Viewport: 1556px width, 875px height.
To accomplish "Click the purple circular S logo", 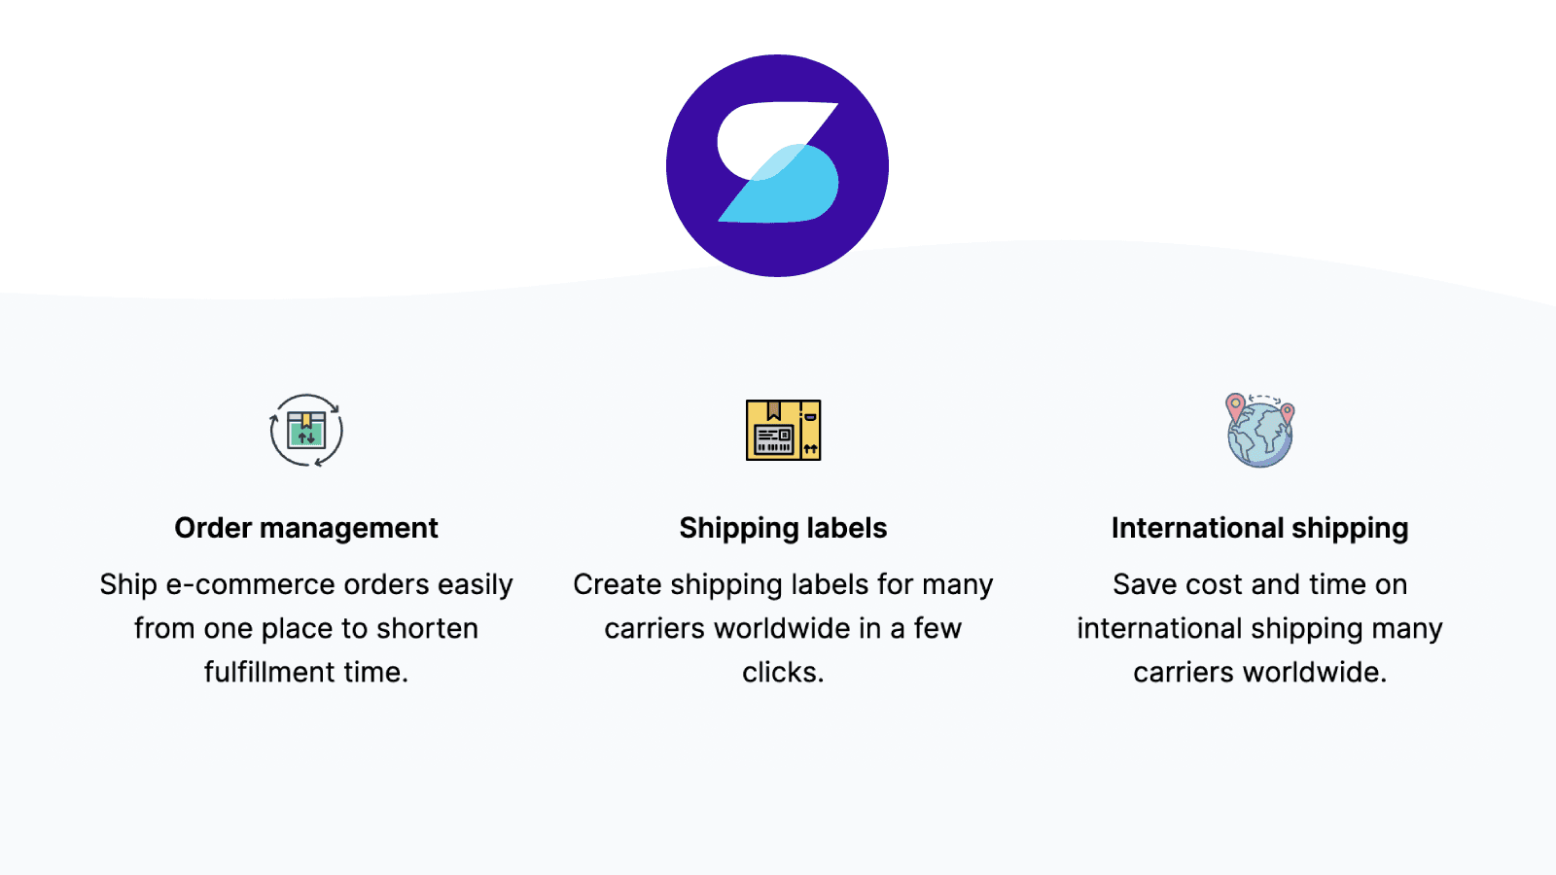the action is [777, 165].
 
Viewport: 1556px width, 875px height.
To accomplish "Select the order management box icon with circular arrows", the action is [306, 430].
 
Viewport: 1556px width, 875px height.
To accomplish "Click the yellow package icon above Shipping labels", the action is [783, 430].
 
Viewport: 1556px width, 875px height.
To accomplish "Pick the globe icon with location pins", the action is [1259, 430].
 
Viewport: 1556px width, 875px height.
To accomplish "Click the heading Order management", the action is [306, 528].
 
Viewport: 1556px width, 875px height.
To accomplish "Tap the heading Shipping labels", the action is [783, 528].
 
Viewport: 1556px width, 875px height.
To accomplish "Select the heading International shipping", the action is [1259, 528].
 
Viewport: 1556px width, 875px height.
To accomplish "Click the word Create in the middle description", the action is [617, 584].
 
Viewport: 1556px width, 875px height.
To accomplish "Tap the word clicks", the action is [783, 672].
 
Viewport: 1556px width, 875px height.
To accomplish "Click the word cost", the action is [1213, 584].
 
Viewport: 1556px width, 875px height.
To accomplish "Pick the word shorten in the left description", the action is [427, 628].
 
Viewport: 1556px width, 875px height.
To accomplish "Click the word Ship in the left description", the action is [128, 584].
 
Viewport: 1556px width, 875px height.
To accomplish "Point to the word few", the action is [937, 628].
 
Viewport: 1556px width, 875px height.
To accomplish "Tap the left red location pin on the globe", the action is [1235, 407].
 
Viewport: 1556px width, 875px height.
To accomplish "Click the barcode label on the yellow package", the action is [773, 439].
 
